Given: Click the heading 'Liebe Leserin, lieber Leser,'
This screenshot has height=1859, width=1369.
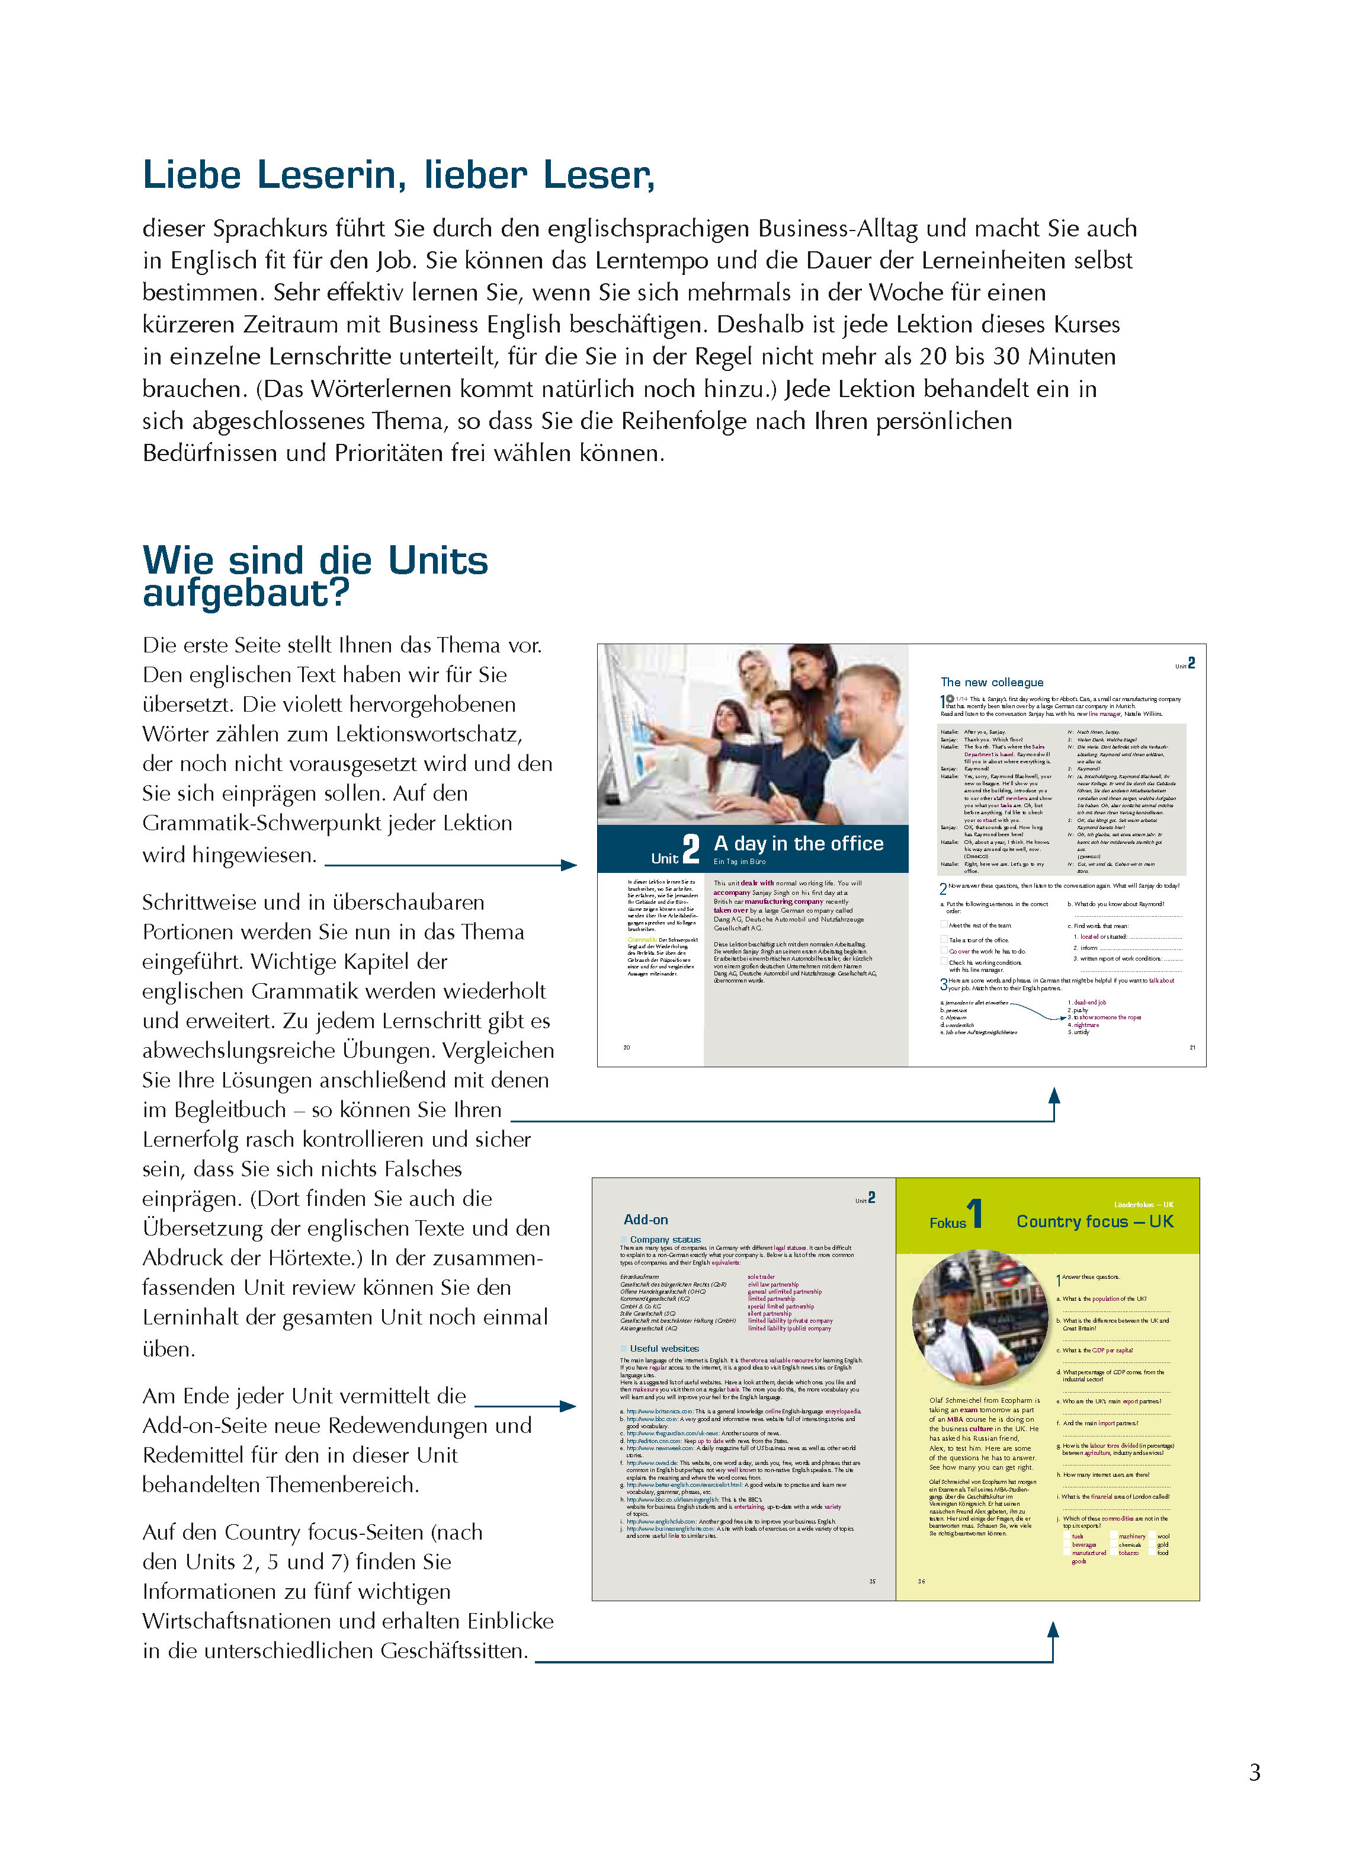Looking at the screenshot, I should click(399, 175).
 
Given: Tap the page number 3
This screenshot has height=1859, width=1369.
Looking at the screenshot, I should click(1255, 1772).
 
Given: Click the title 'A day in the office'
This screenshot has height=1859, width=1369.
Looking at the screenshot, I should click(798, 844).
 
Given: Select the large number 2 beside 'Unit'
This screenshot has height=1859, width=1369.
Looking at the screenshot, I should click(690, 849).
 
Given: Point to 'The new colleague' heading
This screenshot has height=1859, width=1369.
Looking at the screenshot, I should click(991, 682).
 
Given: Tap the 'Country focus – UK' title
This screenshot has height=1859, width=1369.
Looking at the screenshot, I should click(1095, 1221).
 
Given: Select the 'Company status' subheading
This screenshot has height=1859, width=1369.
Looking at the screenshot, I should click(665, 1240).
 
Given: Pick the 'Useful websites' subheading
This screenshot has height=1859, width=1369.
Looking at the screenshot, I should click(664, 1348).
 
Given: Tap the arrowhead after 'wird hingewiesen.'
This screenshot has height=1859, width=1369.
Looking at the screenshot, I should click(569, 865).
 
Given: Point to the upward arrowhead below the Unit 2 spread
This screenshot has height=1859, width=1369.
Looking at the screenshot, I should click(1054, 1096).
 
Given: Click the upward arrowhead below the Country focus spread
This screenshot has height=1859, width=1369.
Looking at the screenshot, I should click(1053, 1630).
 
